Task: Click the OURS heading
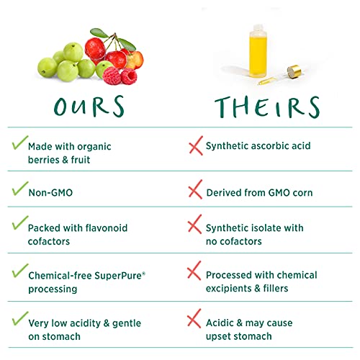click(x=90, y=106)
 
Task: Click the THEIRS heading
click(x=266, y=106)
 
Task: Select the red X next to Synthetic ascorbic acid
click(x=194, y=147)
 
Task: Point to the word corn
click(x=300, y=192)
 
